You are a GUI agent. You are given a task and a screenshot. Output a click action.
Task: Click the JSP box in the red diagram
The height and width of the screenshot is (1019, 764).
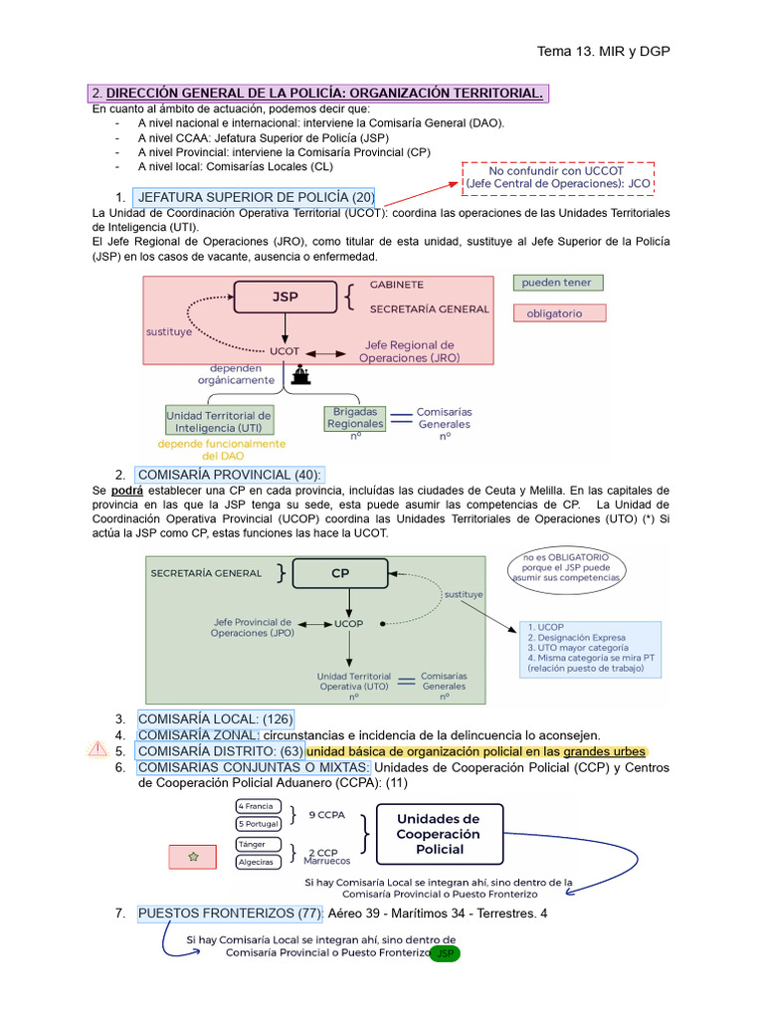click(x=286, y=297)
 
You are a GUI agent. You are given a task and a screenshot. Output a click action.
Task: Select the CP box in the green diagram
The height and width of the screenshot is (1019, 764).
click(x=340, y=573)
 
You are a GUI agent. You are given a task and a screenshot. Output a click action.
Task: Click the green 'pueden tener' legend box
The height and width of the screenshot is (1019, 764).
click(x=557, y=283)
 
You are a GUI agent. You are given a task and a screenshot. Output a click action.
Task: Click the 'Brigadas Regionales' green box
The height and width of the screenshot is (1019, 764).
click(x=355, y=418)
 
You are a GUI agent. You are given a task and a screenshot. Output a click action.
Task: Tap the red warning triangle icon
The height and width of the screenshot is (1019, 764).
click(x=97, y=750)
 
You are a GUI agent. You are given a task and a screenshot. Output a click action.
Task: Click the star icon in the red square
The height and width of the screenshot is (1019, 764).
click(x=193, y=856)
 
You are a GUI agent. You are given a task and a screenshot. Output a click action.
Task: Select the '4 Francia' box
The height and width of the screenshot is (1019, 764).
click(x=257, y=806)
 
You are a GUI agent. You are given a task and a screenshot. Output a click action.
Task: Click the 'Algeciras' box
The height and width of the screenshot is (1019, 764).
click(x=256, y=862)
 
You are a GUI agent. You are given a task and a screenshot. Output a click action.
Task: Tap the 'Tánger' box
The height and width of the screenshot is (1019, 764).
click(x=252, y=844)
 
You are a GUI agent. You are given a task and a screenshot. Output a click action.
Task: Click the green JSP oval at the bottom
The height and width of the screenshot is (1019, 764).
click(x=446, y=953)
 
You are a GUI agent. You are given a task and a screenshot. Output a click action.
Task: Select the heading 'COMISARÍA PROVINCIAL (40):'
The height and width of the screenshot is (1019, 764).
click(x=230, y=475)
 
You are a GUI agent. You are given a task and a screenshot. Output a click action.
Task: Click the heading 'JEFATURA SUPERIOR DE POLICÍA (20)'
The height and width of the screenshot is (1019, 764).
click(x=256, y=197)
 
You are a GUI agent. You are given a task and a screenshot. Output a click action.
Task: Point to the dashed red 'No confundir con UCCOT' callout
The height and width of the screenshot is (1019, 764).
click(x=557, y=177)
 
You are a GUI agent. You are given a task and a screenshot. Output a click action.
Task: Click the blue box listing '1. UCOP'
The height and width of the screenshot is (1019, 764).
click(x=590, y=648)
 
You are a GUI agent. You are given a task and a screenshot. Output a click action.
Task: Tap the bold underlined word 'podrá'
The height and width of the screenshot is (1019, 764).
click(x=126, y=492)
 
